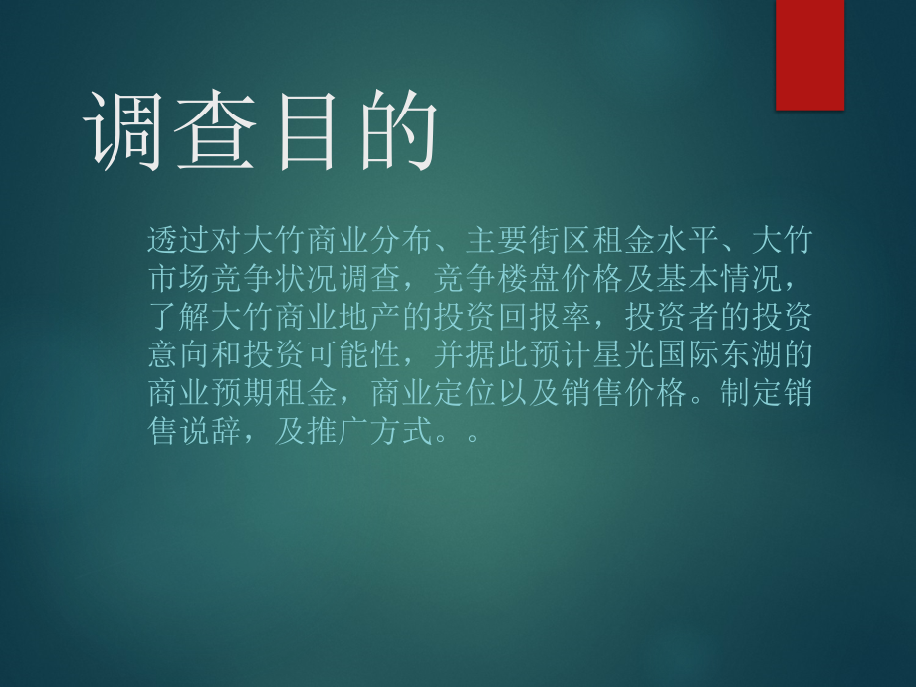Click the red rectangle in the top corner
pos(809,54)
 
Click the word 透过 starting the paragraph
pos(178,239)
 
